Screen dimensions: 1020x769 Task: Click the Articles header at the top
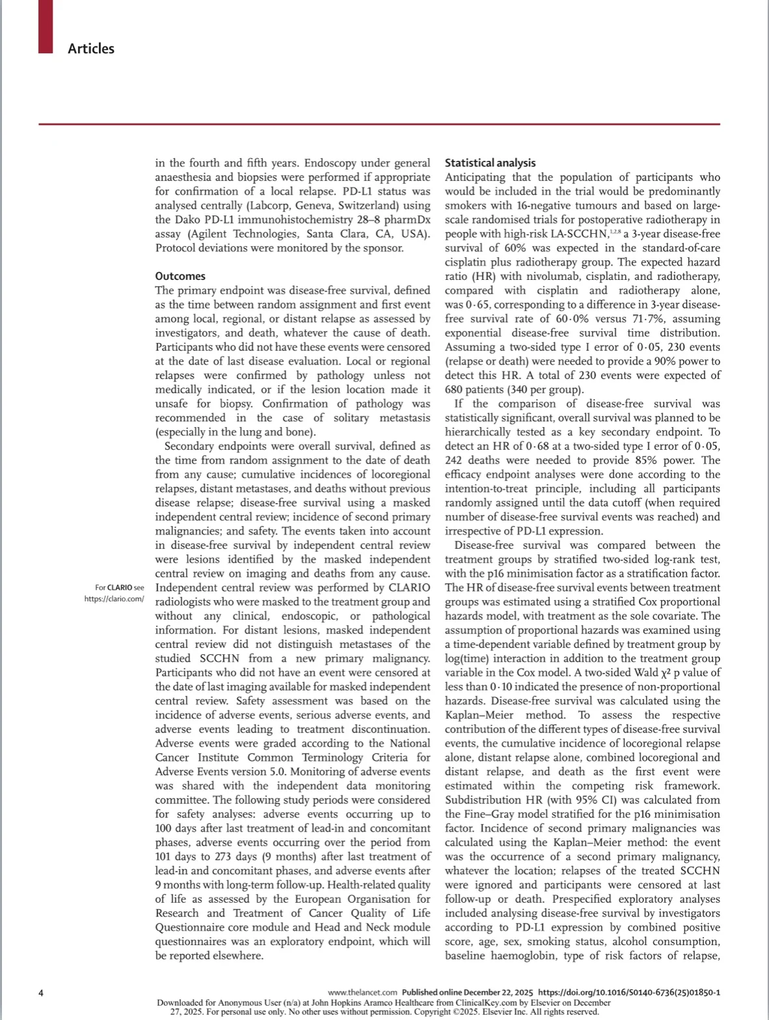coord(91,49)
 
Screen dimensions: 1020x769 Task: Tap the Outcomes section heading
coord(180,276)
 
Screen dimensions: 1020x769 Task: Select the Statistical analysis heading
coord(490,163)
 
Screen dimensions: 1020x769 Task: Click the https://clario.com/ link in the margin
coord(114,599)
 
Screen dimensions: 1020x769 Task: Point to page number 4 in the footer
coord(41,993)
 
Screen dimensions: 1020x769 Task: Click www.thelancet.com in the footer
coord(362,993)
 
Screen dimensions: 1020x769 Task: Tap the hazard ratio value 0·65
coord(462,305)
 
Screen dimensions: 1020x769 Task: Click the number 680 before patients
coord(454,390)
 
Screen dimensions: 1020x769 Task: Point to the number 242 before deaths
coord(455,460)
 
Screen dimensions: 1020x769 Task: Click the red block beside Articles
coord(46,26)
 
